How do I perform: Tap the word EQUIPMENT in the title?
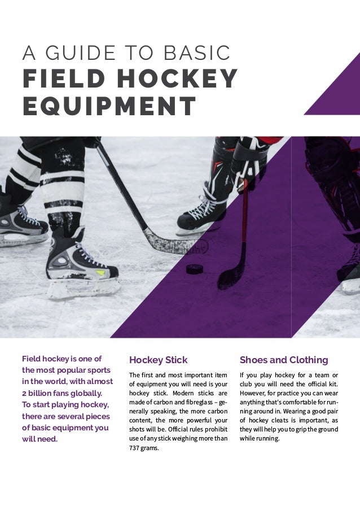click(109, 106)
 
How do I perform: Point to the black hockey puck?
click(195, 268)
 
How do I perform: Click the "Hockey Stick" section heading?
click(158, 360)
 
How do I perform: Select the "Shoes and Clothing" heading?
click(284, 360)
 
